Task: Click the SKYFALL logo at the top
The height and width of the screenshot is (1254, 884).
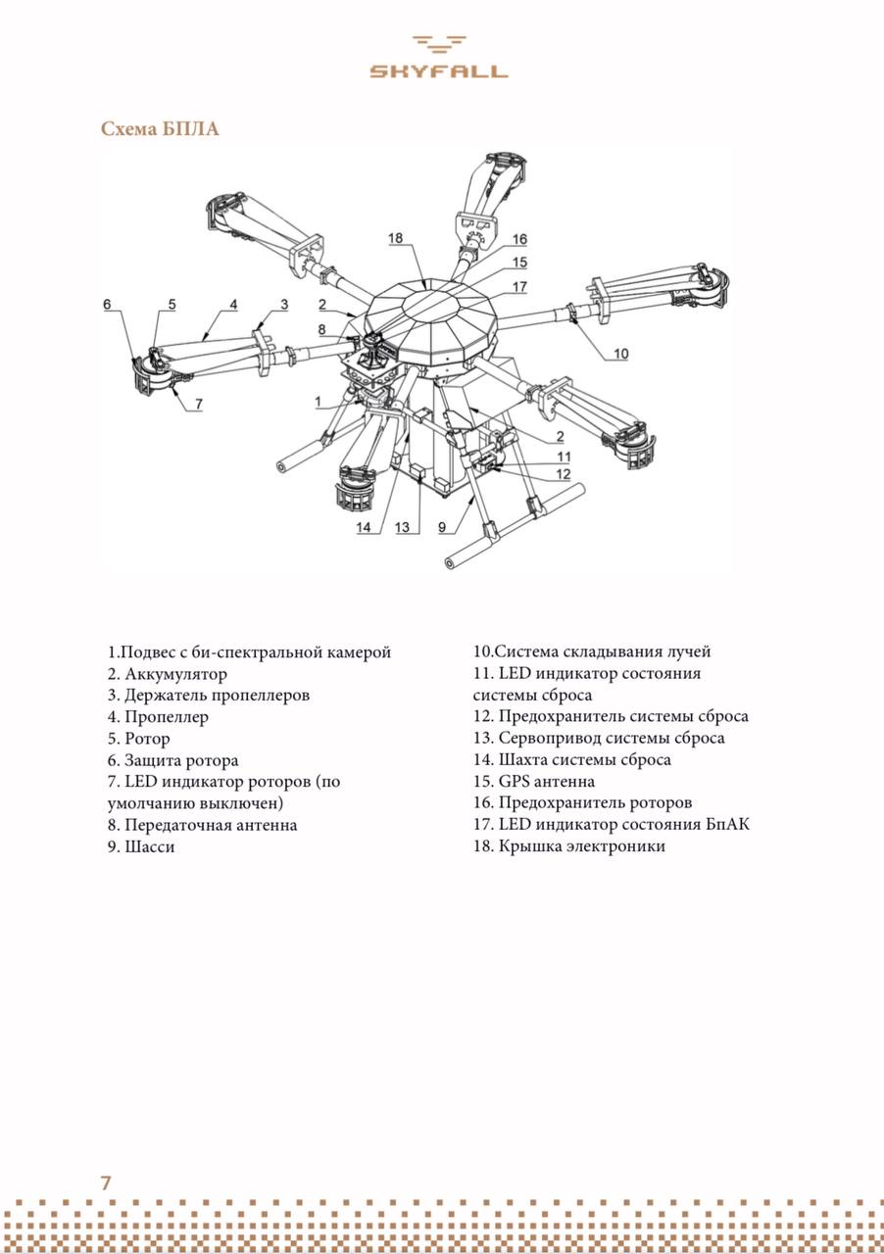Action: point(438,57)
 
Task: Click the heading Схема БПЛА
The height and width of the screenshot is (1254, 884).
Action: point(160,129)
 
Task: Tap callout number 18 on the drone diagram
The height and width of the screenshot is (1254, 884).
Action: point(396,238)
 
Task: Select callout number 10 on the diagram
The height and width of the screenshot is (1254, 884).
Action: point(620,354)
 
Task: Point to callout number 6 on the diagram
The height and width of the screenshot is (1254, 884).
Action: point(108,305)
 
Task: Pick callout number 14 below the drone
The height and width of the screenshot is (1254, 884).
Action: point(365,528)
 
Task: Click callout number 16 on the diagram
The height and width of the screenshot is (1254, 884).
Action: point(519,239)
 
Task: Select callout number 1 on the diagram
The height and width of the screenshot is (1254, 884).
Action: point(318,402)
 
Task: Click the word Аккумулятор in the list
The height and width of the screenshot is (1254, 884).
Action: point(175,674)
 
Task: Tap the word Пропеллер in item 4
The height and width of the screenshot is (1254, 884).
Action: point(167,717)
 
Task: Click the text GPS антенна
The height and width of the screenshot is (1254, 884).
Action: point(546,782)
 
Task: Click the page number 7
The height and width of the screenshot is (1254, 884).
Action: point(106,1182)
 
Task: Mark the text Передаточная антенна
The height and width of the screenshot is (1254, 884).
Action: point(211,825)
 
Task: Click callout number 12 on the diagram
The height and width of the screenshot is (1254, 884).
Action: point(563,475)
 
